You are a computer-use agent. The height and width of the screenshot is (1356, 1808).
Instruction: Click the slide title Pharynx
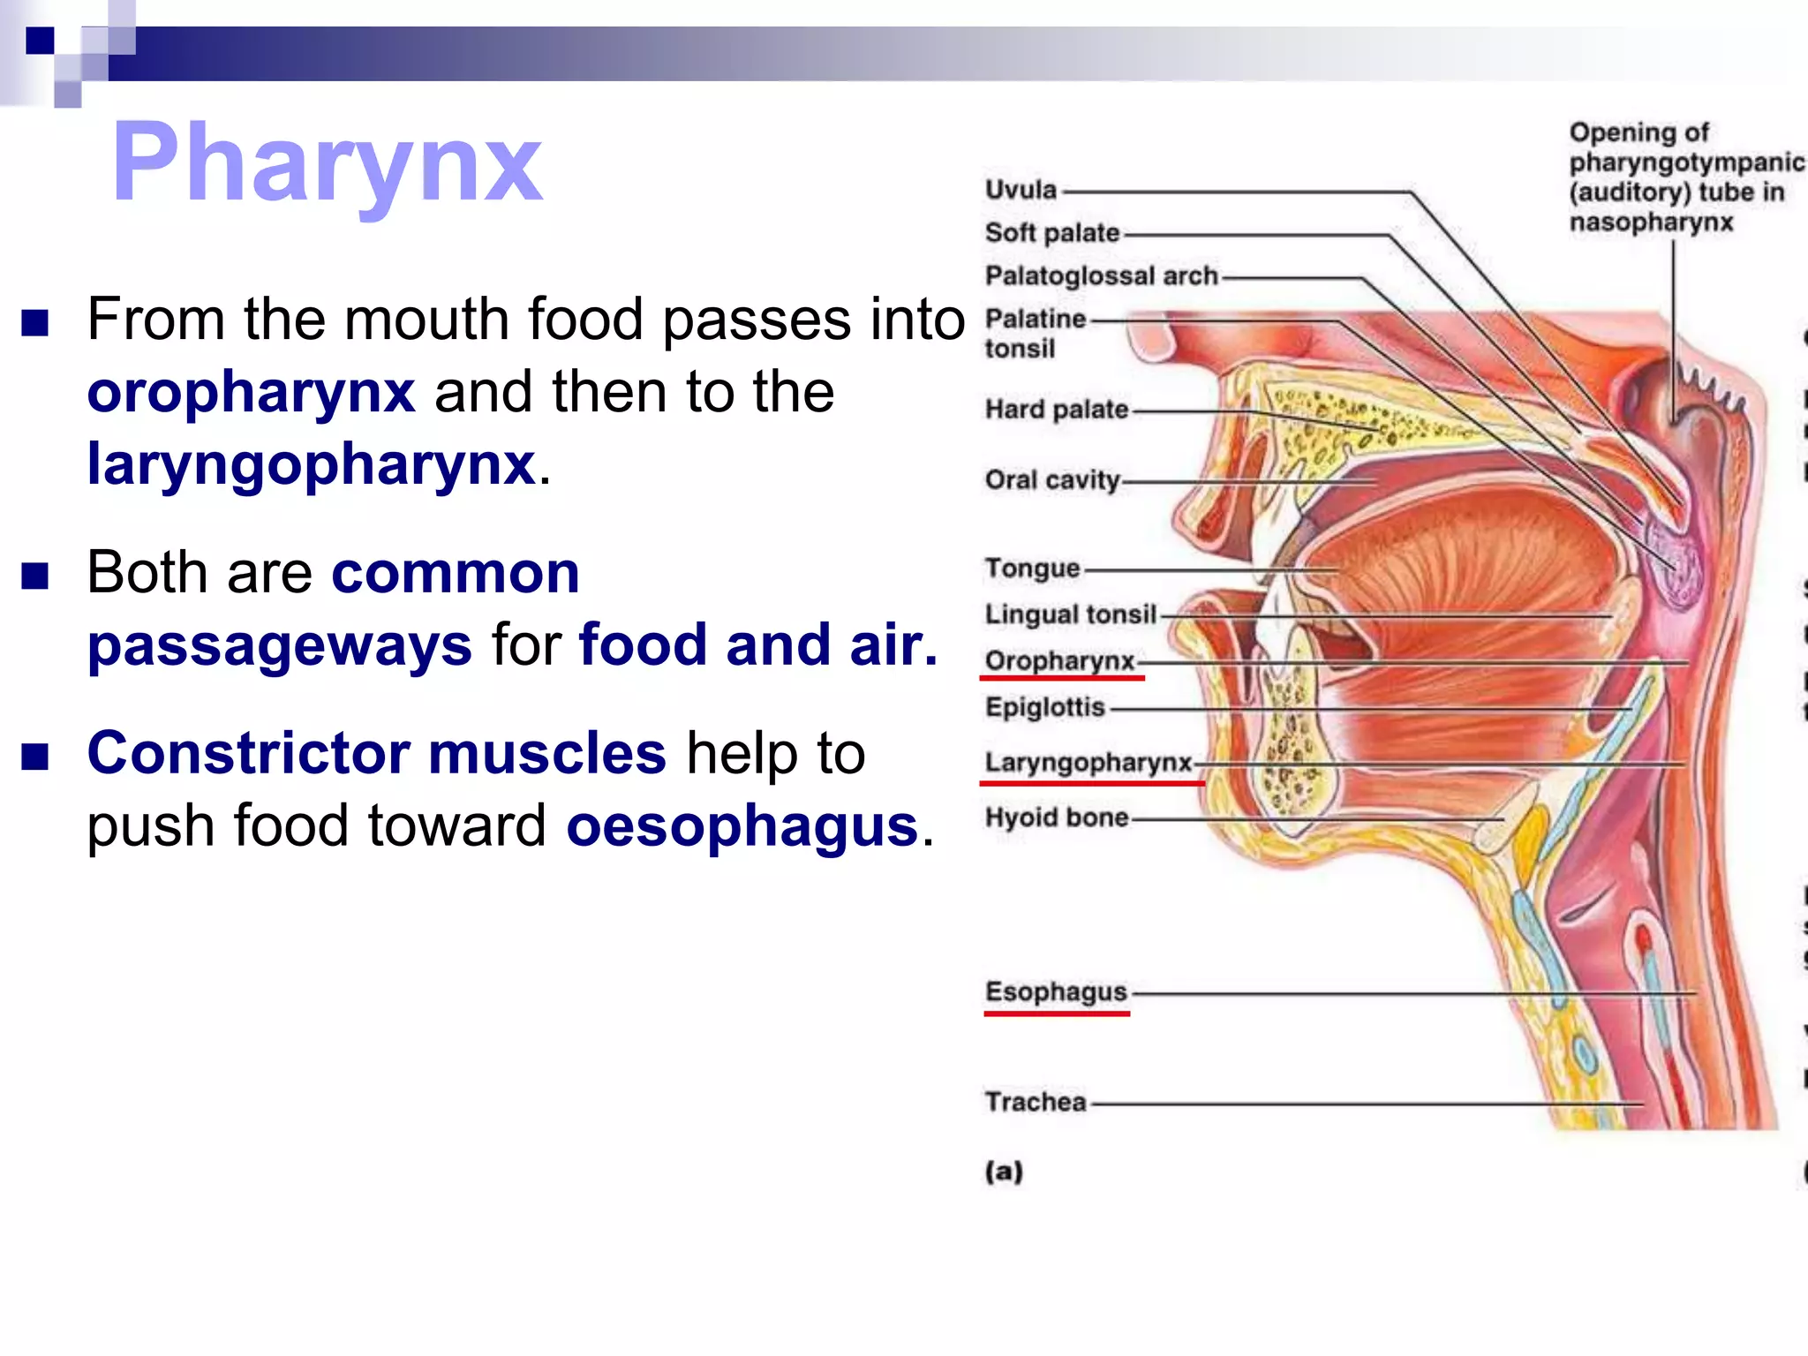327,163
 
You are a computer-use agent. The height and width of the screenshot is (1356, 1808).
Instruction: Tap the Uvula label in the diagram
1021,190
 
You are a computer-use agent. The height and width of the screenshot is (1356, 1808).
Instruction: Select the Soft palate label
1052,233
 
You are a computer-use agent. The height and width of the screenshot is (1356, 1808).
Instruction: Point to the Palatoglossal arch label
1101,276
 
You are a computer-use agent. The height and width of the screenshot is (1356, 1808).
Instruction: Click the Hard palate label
1057,410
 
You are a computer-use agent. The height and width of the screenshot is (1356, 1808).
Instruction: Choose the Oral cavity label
1052,480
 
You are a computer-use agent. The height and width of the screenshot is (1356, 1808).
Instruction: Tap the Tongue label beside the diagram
1032,569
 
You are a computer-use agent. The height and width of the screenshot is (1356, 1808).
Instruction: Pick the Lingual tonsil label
1070,614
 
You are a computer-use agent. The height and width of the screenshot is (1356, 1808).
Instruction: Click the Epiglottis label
1045,707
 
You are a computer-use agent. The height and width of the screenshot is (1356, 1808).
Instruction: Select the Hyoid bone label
1057,817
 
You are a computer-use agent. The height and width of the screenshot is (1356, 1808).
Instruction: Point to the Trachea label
1036,1102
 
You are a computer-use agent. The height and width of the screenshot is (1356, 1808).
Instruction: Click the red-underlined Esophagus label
1056,991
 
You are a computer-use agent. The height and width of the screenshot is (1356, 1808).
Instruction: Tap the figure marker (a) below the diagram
1004,1171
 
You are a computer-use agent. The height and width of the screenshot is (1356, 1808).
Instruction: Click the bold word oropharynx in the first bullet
251,392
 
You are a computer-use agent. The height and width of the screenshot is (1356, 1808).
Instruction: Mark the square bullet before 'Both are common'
35,576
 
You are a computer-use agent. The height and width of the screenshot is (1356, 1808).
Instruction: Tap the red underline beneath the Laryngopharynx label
1092,782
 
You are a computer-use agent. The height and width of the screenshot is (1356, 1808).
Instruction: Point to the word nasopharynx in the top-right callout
1651,222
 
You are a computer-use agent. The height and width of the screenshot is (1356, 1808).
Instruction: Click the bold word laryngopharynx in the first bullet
312,464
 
